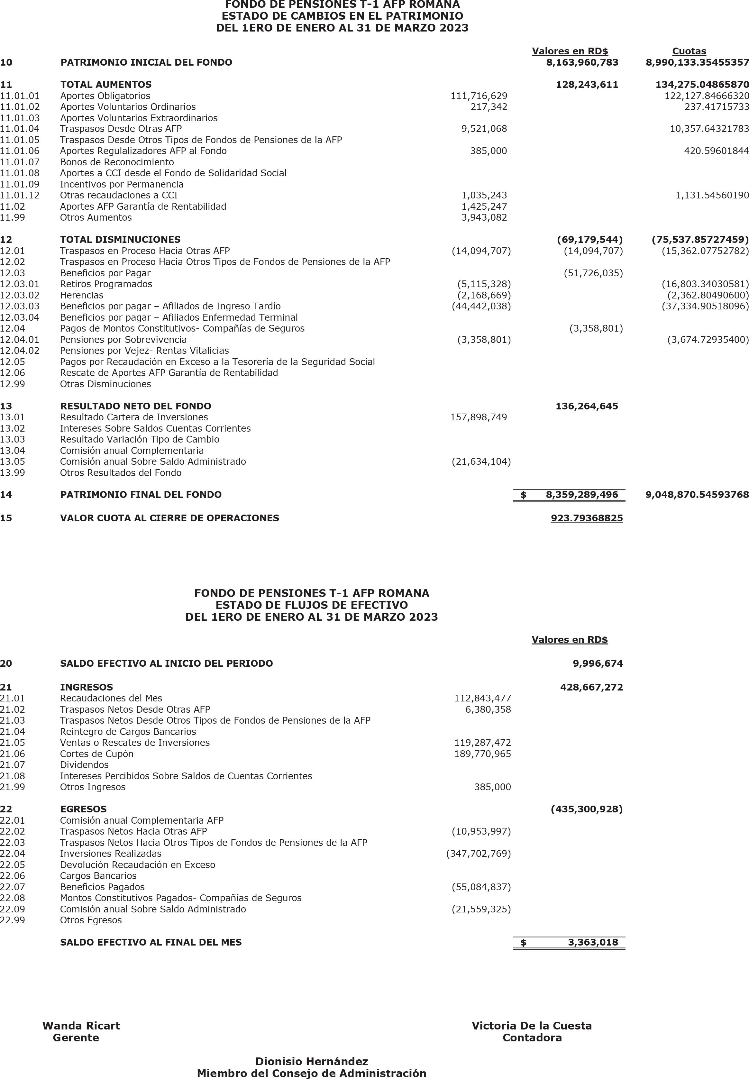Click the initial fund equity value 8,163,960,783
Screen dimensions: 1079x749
point(582,62)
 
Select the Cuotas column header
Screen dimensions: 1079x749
point(689,51)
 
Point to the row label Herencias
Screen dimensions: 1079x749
point(82,295)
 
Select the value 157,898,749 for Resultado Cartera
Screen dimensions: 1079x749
point(479,417)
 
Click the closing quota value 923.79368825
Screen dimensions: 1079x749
point(587,518)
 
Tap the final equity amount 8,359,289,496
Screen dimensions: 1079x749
point(582,495)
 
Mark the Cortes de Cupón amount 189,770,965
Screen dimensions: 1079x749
point(482,754)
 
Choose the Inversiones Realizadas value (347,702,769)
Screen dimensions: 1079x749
point(478,853)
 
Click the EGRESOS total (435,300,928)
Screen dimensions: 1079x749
point(587,809)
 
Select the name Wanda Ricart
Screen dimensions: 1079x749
point(81,1026)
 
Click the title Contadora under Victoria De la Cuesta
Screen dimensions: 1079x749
point(532,1038)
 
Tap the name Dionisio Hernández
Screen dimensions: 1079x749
point(312,1062)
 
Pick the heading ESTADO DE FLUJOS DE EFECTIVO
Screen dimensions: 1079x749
point(312,605)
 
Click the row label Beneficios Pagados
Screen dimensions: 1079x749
point(102,887)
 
